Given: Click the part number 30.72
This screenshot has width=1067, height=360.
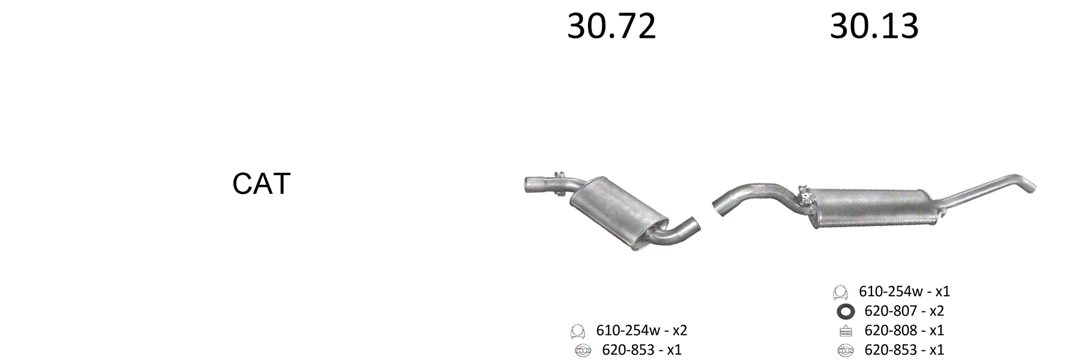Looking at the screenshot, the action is point(612,26).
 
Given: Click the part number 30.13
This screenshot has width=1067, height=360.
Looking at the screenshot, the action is point(874,26).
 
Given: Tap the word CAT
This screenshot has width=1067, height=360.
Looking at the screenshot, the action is point(261,184).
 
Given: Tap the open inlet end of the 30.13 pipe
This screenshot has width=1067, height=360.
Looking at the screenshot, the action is point(716,205).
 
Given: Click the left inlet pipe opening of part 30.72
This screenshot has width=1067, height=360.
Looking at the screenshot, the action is point(527,185).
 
